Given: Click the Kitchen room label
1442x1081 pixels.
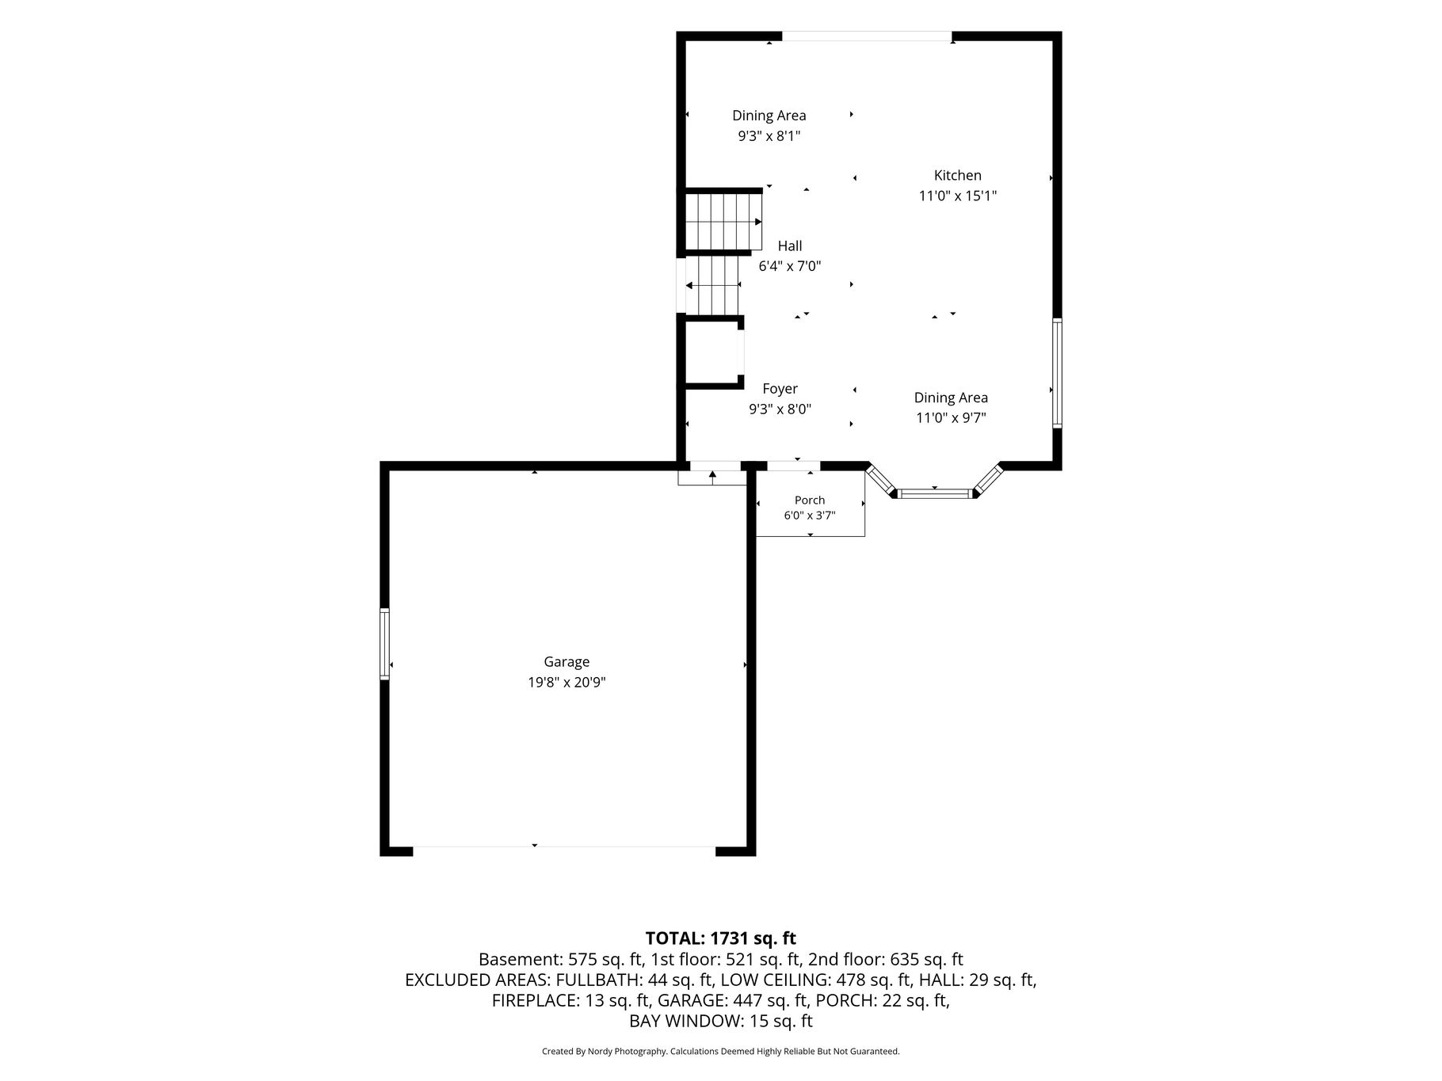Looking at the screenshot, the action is (957, 176).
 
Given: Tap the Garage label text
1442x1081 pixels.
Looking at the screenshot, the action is (566, 662).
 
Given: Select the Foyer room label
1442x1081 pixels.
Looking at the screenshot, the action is (780, 389).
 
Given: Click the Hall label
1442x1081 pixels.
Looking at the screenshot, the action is (789, 246).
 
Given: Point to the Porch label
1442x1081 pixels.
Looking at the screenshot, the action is (810, 500).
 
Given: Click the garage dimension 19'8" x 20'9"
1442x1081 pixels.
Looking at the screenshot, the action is (566, 683).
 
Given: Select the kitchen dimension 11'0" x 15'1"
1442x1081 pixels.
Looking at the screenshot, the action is (957, 196).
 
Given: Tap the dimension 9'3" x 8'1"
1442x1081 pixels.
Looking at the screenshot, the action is (769, 136).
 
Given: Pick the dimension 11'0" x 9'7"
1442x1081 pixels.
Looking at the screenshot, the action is (951, 418).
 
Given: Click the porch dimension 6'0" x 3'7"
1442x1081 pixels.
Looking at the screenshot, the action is (810, 516).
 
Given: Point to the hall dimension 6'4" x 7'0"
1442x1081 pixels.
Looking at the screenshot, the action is (789, 266).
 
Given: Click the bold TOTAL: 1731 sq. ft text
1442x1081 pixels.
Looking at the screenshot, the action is (720, 938).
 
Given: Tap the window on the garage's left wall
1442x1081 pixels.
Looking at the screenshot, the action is (385, 644).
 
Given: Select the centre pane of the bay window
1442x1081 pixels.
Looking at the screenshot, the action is (935, 493).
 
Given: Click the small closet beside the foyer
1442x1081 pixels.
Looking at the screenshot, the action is (711, 352).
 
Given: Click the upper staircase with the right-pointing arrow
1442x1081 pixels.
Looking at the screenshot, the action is (723, 222).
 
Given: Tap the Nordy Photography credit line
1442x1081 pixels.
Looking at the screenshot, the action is (720, 1052).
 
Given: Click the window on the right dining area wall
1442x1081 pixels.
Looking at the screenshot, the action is (1057, 373).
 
